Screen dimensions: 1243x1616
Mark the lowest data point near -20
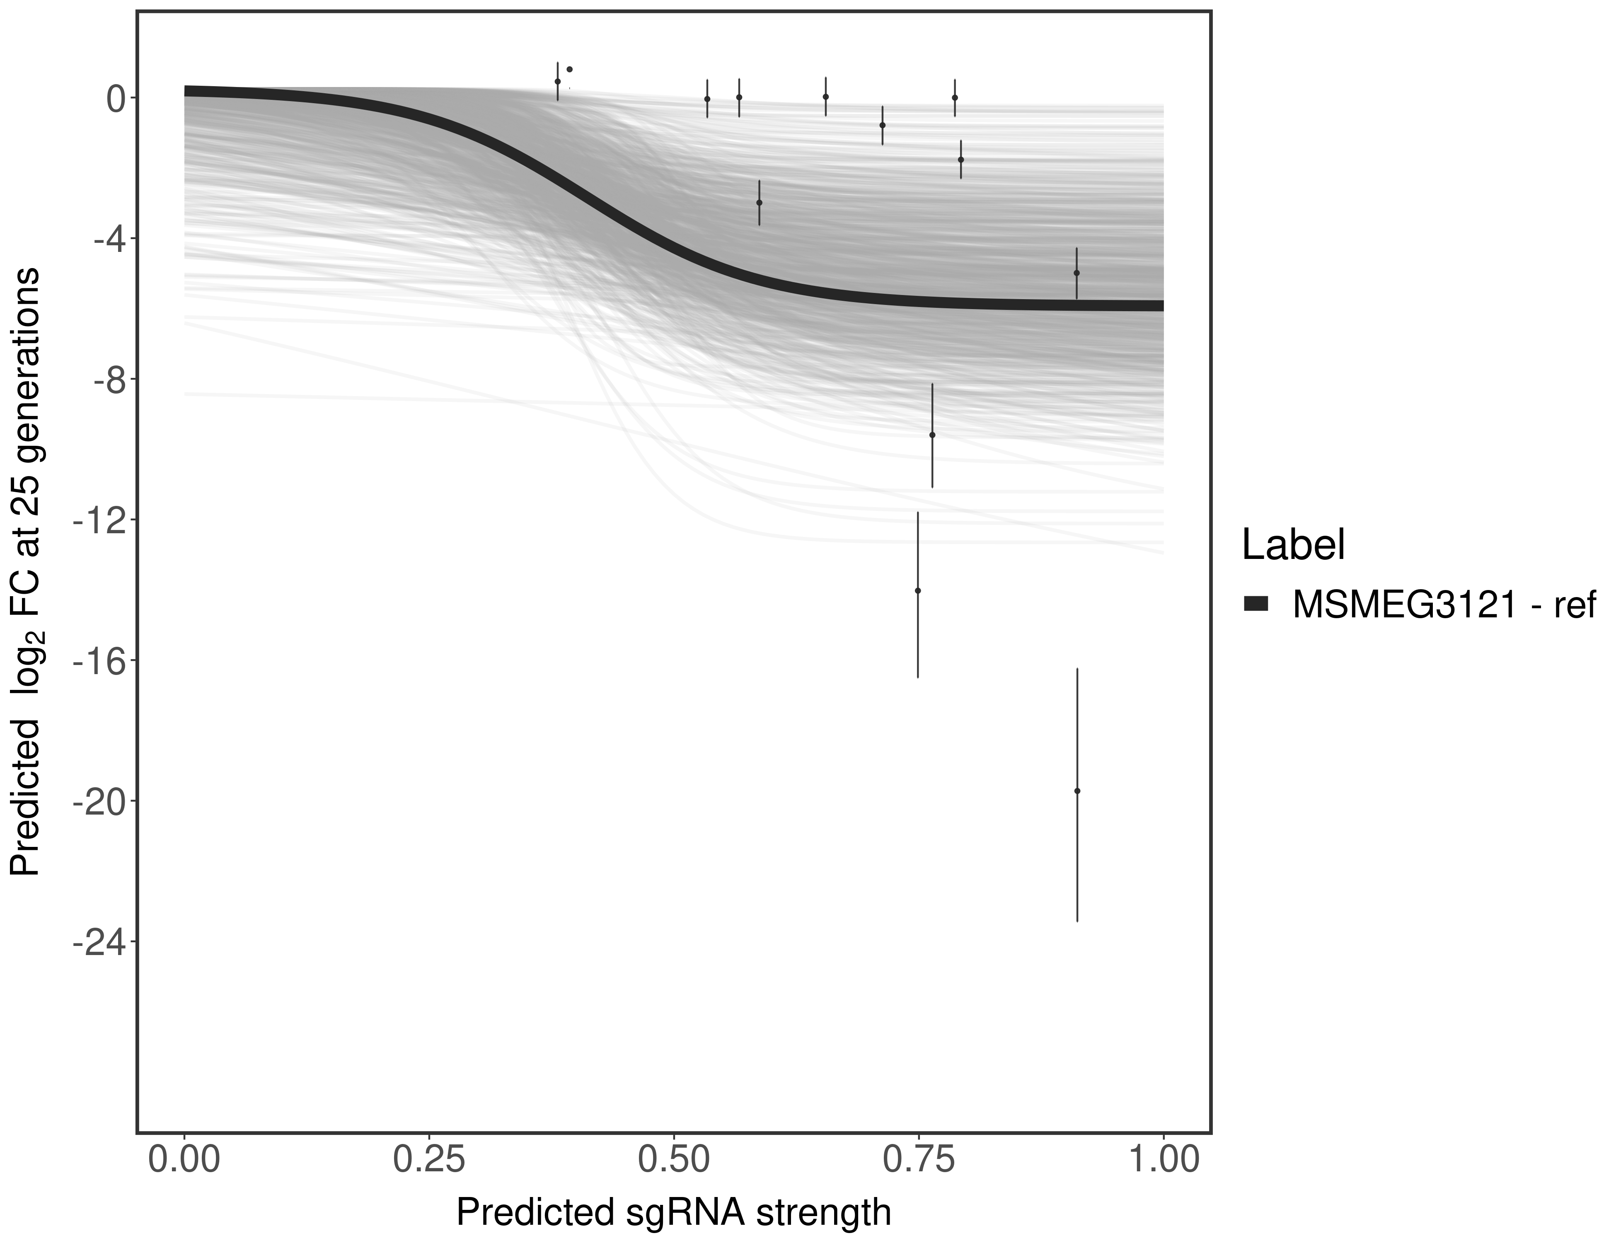tap(1077, 791)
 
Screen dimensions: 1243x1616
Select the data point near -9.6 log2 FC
tap(932, 435)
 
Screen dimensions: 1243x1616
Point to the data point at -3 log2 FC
tap(759, 202)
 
